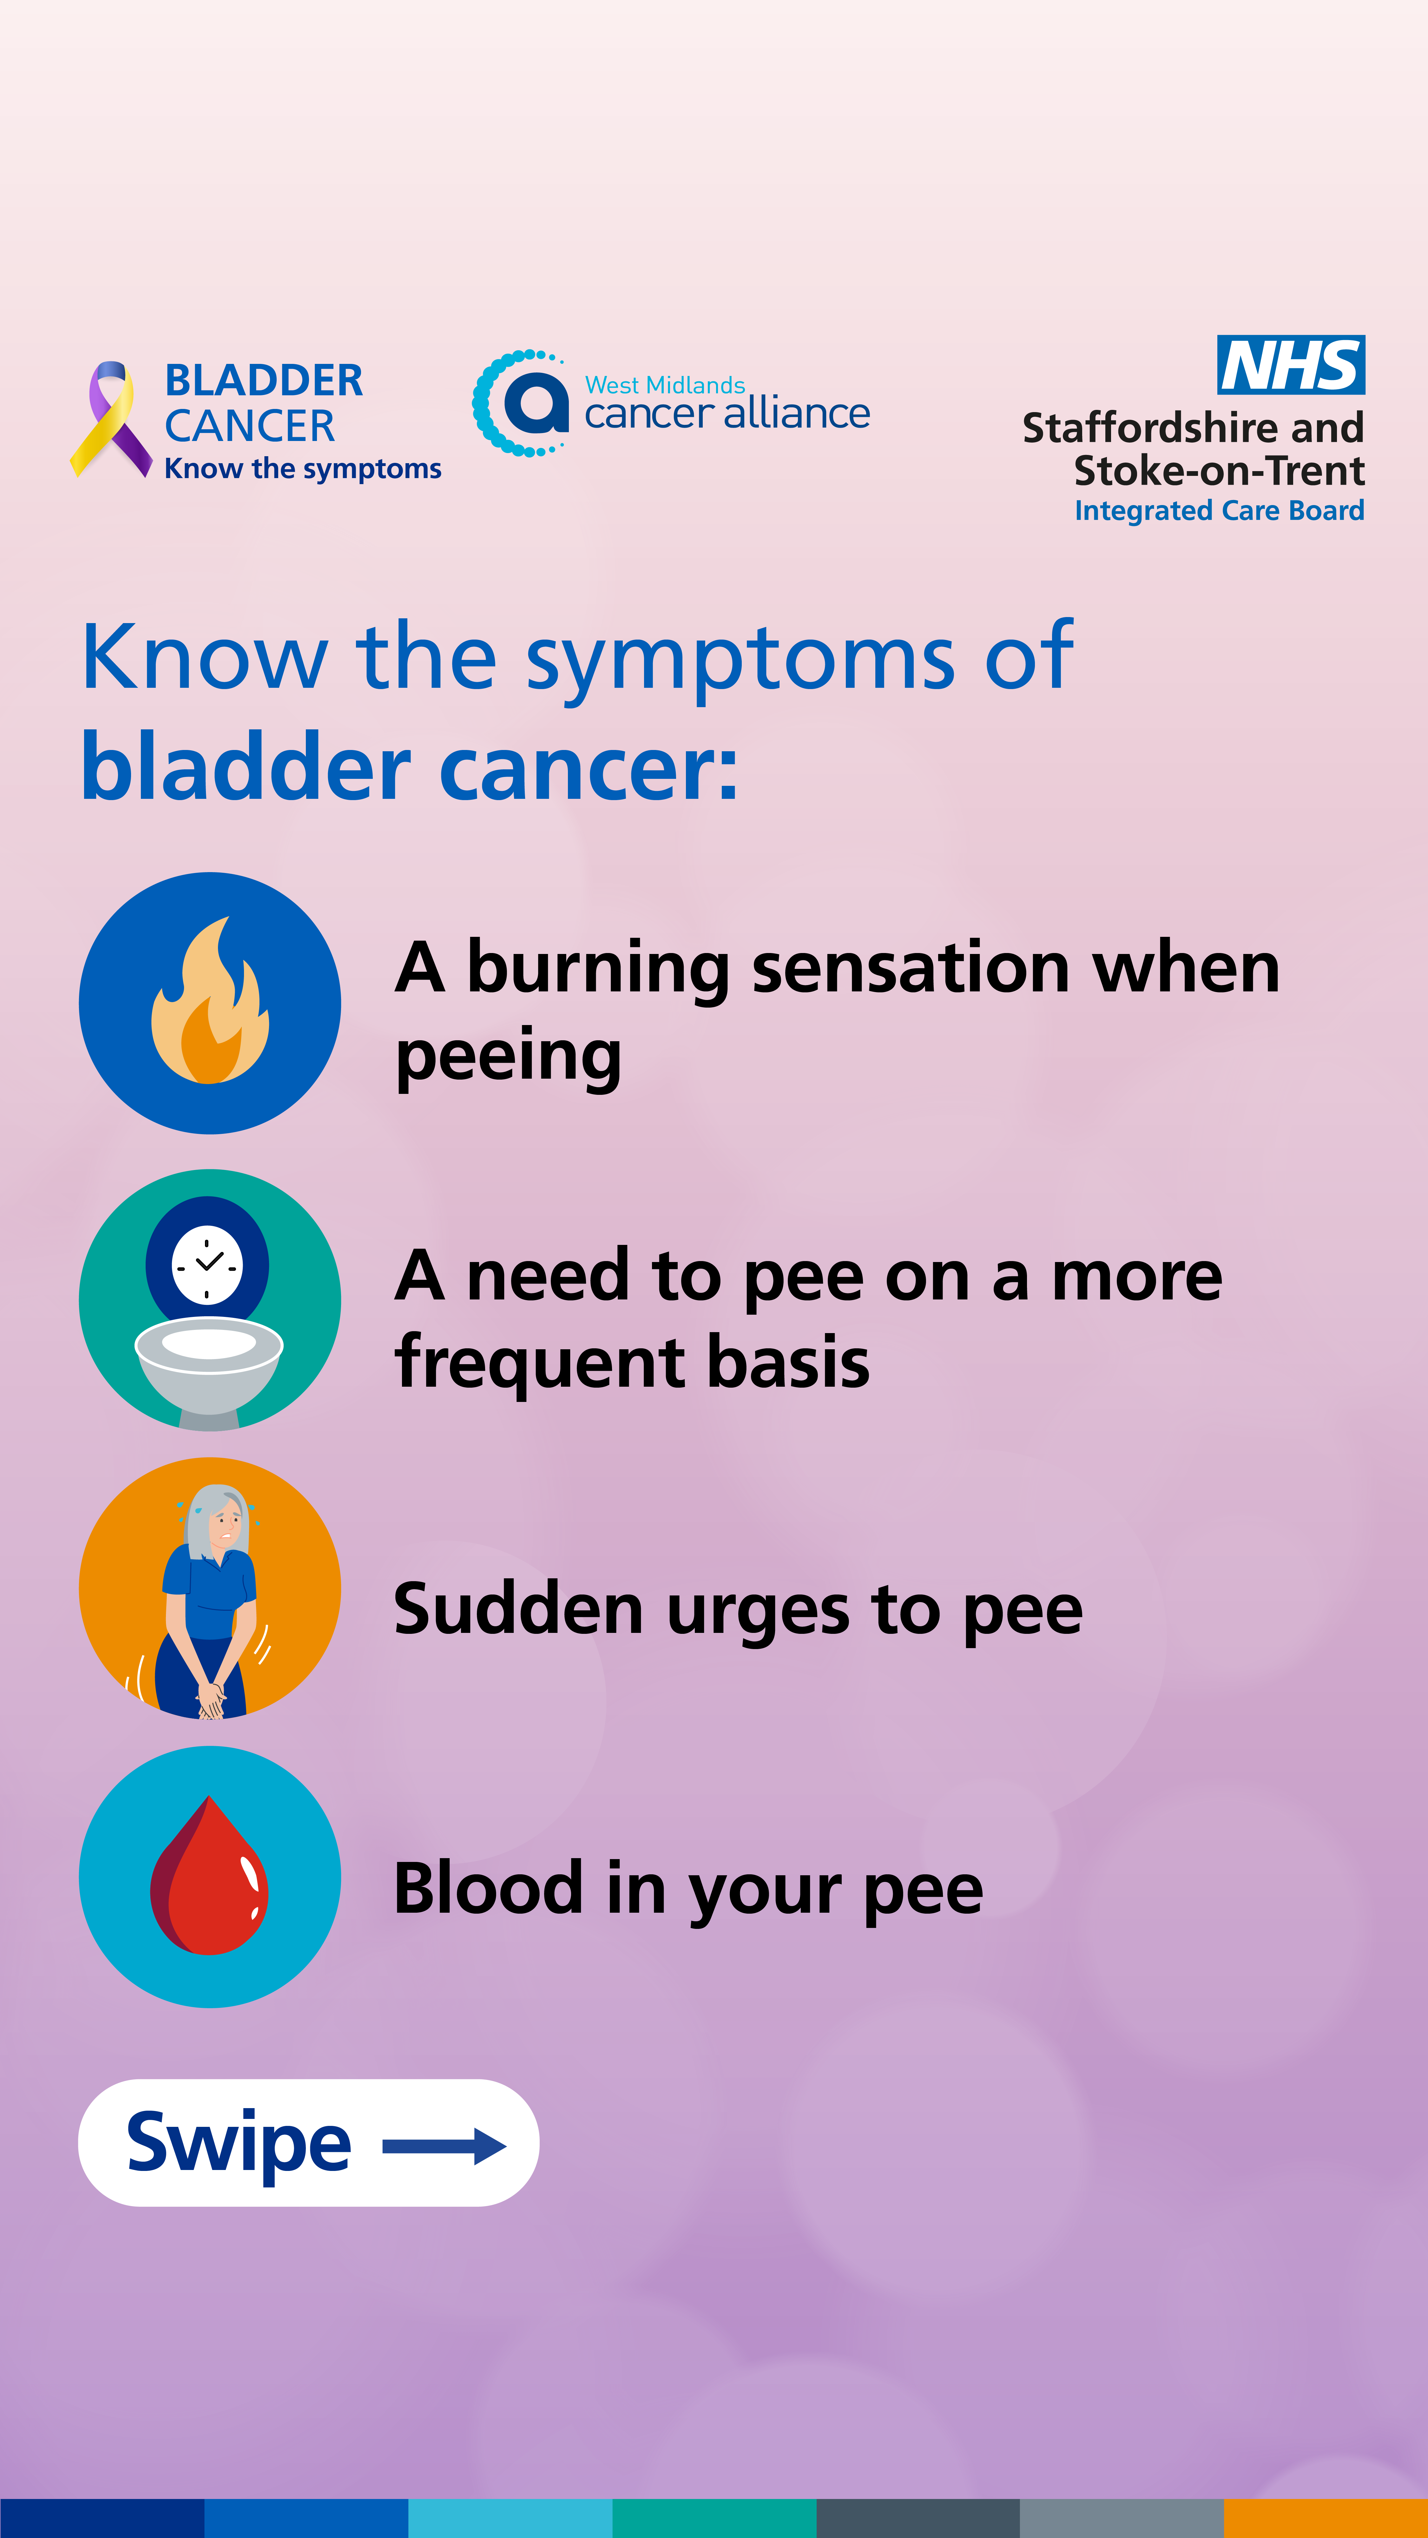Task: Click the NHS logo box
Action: coord(1291,365)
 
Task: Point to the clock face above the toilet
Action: coord(207,1264)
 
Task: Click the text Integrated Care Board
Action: coord(1219,510)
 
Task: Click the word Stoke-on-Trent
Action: coord(1219,471)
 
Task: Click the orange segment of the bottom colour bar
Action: coord(1326,2518)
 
